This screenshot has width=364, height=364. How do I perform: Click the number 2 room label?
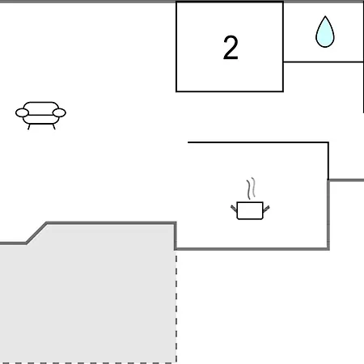231,48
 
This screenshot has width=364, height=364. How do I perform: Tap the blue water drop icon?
325,32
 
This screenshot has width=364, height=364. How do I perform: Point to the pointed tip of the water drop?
325,16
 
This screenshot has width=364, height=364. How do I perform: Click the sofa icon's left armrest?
22,112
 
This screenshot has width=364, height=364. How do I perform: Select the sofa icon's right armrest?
59,112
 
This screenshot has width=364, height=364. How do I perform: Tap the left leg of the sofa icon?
29,127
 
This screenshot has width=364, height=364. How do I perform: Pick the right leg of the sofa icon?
53,127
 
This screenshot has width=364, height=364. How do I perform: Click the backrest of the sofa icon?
40,106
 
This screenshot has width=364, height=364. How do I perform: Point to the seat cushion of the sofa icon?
40,120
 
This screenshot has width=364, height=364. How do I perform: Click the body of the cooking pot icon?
250,210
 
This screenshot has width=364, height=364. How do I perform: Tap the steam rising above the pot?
251,188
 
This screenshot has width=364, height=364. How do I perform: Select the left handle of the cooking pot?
234,209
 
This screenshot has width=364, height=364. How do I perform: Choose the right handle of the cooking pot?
266,209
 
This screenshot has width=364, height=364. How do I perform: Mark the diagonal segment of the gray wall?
36,233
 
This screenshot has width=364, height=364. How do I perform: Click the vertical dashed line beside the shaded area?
176,307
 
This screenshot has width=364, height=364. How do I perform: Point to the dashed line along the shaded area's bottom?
88,363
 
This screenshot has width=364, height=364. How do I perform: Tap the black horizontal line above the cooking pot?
258,142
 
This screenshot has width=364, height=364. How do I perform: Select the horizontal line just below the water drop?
324,62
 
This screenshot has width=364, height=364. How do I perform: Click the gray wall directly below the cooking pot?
252,248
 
